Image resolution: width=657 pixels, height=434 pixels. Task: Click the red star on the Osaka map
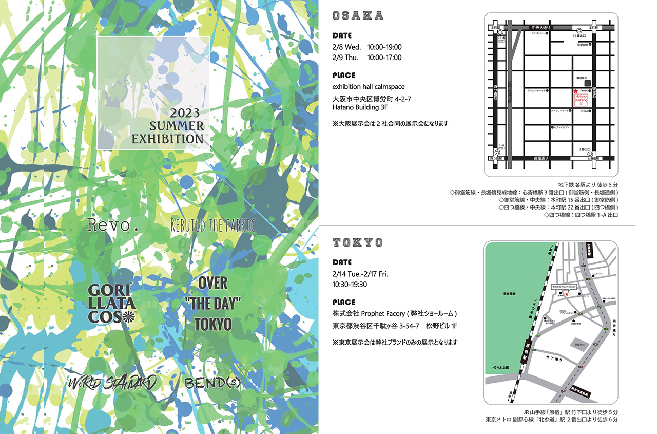point(575,90)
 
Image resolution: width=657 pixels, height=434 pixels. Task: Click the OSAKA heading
point(358,16)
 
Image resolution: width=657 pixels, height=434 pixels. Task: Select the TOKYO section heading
point(358,242)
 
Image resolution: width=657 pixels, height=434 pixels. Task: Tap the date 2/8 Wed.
point(345,47)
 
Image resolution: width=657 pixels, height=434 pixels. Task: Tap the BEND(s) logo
point(212,383)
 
